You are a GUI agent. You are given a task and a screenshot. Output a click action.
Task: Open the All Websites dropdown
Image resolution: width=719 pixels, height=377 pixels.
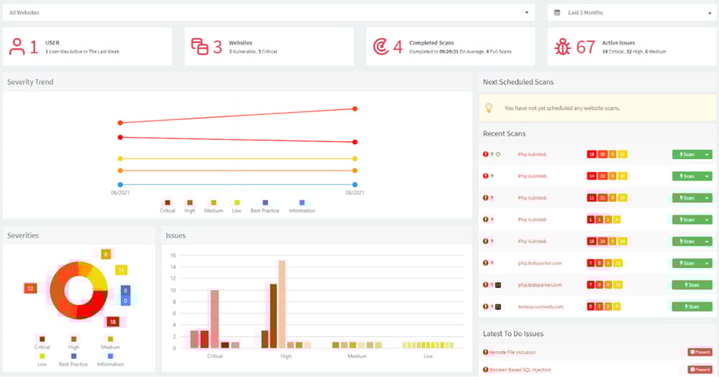pos(269,12)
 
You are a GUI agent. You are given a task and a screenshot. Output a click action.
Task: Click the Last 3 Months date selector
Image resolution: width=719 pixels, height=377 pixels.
pos(630,12)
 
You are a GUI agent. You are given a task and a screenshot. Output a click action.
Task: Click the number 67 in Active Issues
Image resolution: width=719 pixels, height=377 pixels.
pos(586,47)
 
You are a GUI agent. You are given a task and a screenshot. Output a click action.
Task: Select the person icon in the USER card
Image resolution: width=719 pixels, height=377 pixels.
pos(17,47)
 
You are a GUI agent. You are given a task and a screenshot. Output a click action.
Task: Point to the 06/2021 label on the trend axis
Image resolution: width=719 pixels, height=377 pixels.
pos(119,193)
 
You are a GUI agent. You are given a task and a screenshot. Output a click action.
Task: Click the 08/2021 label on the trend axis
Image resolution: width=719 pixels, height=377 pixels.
pos(355,193)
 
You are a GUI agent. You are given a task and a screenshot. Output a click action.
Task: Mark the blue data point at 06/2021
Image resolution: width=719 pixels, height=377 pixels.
pos(120,184)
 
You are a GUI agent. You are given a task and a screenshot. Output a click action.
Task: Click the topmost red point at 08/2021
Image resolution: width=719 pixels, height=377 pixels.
pos(355,109)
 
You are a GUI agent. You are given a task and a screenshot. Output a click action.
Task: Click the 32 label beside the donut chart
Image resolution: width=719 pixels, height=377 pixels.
pos(30,288)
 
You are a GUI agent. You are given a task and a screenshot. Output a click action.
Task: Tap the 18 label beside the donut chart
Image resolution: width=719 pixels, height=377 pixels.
pos(113,322)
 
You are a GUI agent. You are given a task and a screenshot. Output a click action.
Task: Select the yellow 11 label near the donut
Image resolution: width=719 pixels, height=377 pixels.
pos(122,270)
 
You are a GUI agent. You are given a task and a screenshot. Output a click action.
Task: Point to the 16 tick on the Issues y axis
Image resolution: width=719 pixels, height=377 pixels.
pos(173,255)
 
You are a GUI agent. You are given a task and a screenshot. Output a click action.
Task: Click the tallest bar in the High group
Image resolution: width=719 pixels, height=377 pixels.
pos(282,304)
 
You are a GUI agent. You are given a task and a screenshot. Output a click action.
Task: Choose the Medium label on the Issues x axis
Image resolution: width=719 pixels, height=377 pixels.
pos(357,356)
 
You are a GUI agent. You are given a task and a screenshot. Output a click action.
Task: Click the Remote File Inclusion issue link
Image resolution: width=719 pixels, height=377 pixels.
pos(513,353)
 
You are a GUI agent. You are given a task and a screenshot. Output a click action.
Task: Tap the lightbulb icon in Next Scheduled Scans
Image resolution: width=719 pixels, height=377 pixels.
pos(489,108)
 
